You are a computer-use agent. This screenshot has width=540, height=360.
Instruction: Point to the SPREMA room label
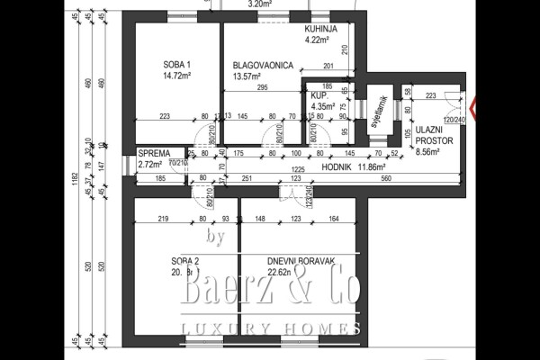point(154,154)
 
